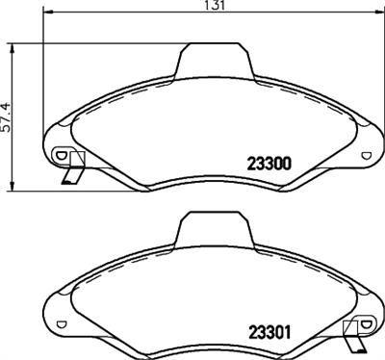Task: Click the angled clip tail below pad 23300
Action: click(70, 176)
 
